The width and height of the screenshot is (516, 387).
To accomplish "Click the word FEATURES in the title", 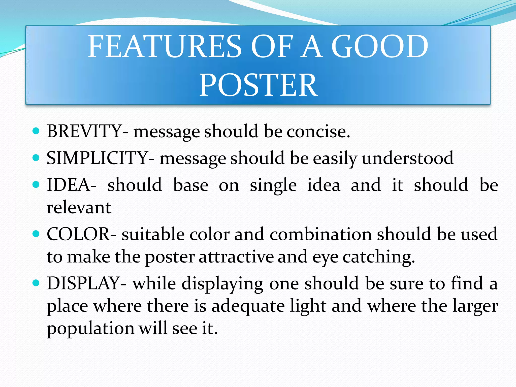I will (x=165, y=46).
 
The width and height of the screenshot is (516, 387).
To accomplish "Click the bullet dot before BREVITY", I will (x=36, y=131).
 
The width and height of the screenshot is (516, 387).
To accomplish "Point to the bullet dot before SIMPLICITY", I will (x=36, y=158).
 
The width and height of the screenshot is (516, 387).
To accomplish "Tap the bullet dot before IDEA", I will (x=36, y=185).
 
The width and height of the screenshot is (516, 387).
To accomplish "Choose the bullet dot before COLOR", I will (x=36, y=234).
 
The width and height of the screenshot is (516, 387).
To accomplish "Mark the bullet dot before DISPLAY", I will (x=36, y=283).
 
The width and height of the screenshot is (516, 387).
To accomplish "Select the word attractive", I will (x=236, y=257).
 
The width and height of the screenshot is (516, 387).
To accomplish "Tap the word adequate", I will (x=248, y=306).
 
